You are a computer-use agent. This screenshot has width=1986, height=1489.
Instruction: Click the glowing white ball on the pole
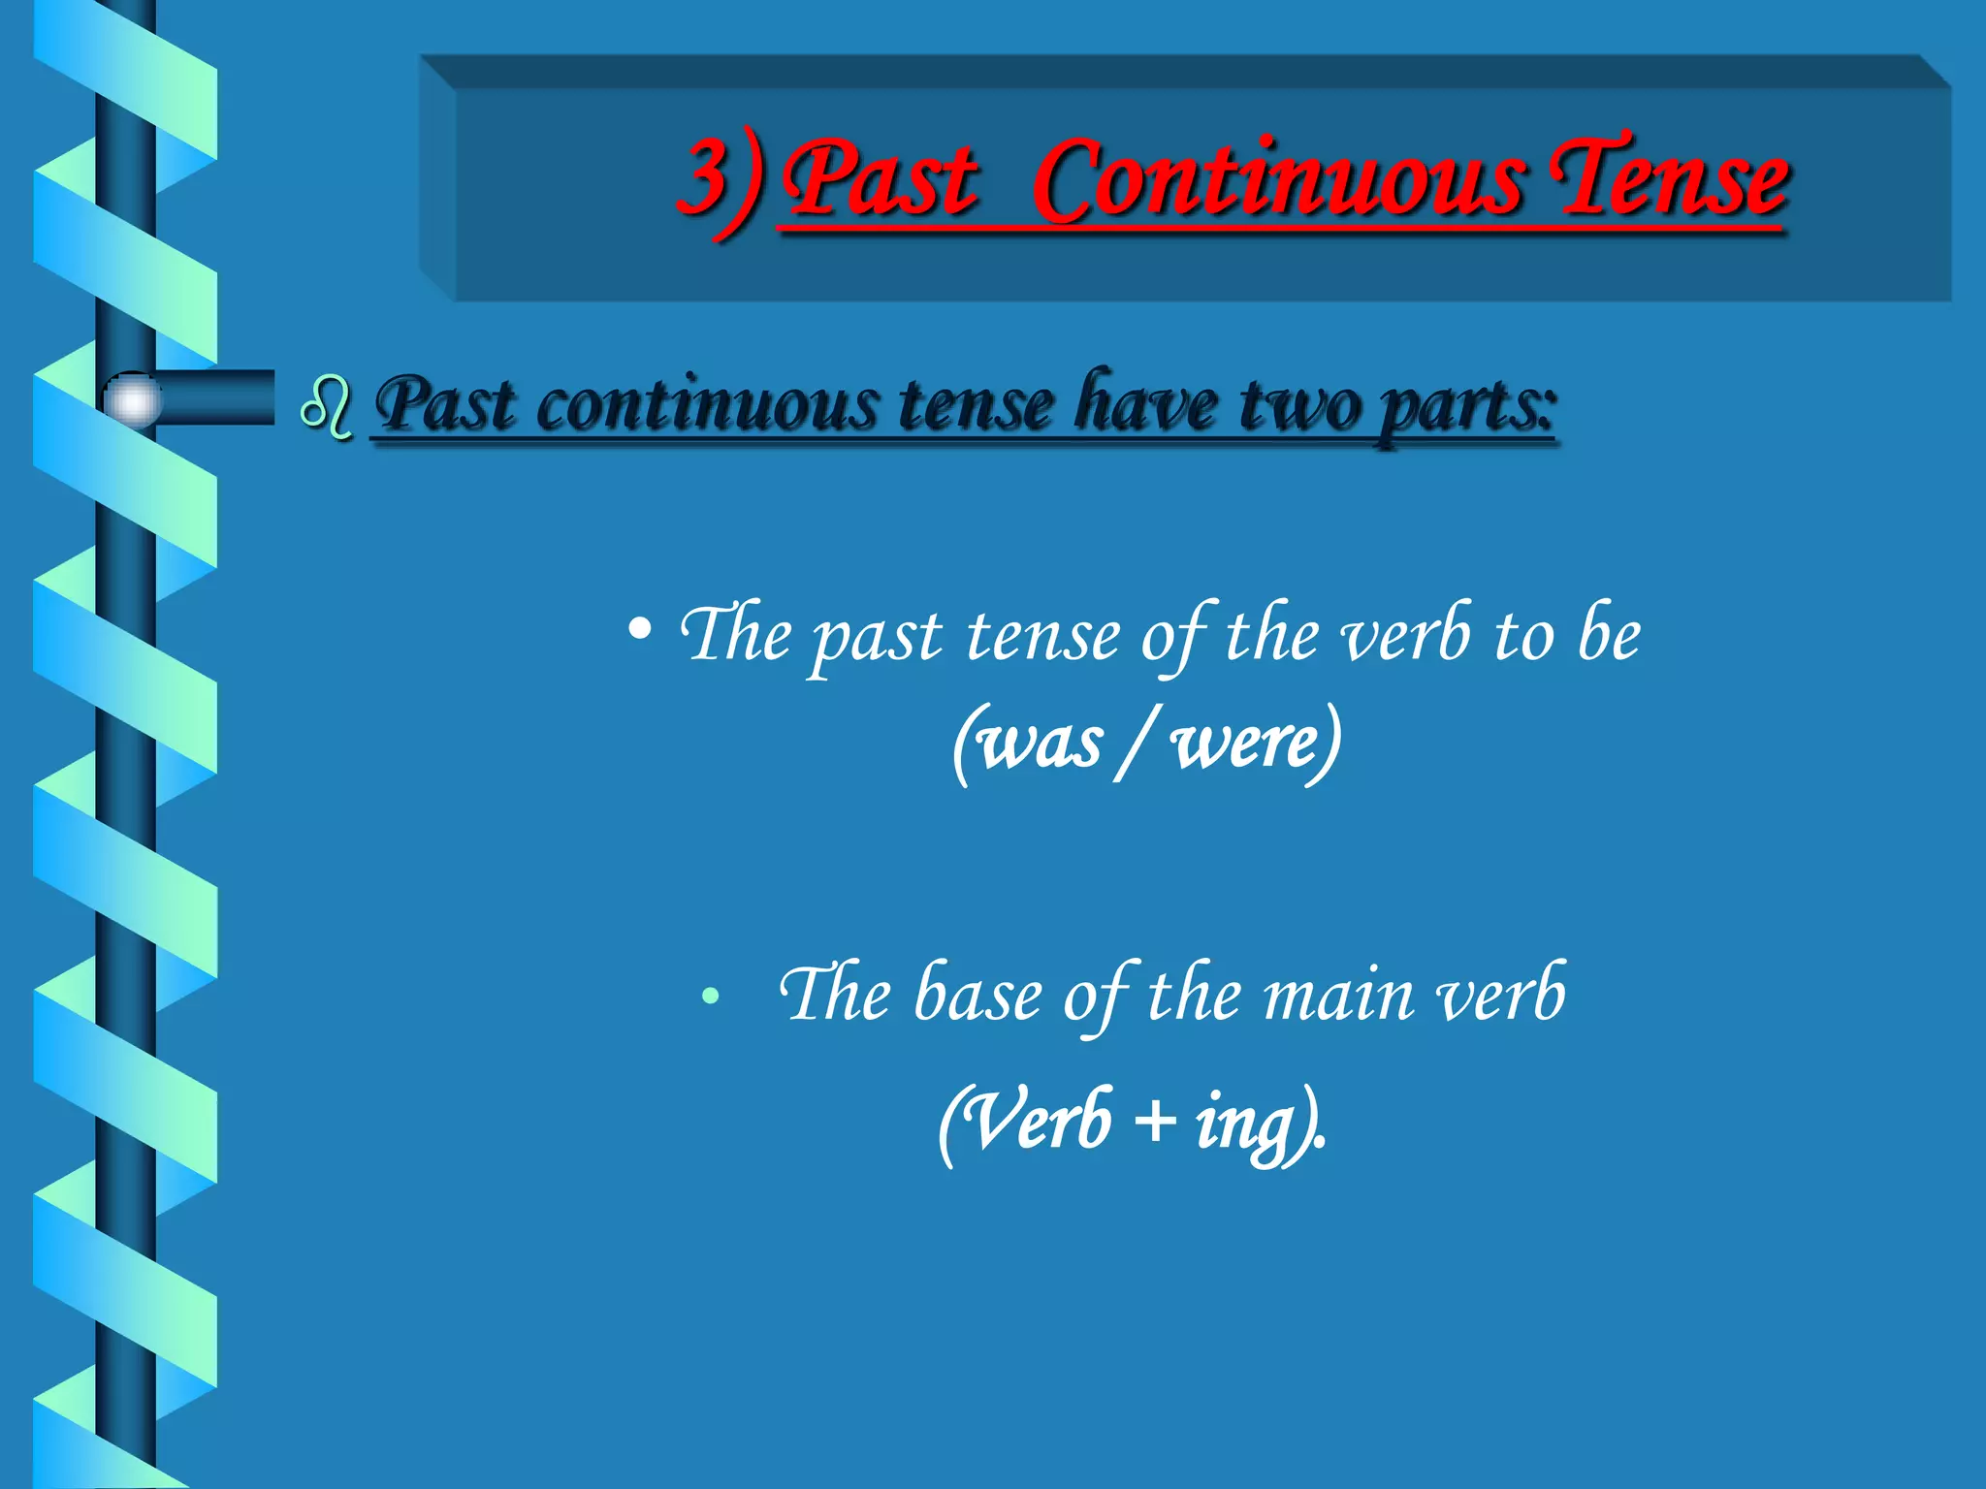coord(132,399)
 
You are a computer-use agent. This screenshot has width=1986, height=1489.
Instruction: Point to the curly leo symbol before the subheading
coord(327,408)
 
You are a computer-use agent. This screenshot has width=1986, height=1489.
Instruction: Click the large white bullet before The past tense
coord(639,631)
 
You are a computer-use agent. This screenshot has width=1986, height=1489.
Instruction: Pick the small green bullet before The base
coord(711,996)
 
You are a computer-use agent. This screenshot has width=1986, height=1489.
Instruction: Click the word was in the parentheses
coord(1041,744)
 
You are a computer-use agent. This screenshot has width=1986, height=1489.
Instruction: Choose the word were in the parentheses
coord(1247,744)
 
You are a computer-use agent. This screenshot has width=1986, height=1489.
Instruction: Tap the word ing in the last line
coord(1245,1125)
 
